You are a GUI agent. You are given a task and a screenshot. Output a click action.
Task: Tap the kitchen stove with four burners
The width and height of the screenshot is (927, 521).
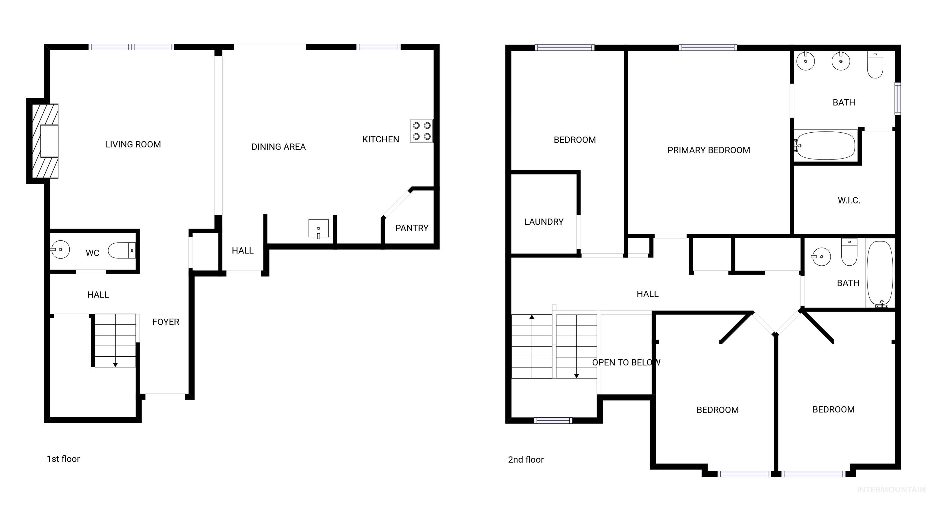(421, 131)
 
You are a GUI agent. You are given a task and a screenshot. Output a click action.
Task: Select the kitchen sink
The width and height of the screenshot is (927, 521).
(318, 229)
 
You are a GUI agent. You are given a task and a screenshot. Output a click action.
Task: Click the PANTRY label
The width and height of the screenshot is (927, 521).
(412, 228)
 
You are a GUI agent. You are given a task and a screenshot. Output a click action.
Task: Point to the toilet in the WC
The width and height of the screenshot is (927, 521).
(122, 250)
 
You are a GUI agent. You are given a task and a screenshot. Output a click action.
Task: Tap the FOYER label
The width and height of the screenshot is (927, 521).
(166, 322)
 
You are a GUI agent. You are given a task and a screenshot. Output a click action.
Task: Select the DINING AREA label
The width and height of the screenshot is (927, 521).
(278, 147)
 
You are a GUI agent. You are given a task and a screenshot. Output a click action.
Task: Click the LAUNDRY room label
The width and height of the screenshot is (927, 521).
(543, 222)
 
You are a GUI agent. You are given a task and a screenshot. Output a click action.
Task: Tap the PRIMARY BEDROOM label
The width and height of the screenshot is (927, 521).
(709, 150)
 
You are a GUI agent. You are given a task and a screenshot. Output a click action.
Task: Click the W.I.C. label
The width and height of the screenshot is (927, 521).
(849, 201)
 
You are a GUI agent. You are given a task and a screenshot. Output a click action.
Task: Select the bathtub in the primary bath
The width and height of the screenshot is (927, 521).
(826, 146)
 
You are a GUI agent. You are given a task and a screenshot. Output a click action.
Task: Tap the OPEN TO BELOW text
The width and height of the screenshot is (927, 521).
(626, 362)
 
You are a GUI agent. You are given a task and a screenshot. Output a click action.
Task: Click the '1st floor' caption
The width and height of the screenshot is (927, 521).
(63, 459)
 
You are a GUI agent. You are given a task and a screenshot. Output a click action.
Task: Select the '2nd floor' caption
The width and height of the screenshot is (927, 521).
(525, 459)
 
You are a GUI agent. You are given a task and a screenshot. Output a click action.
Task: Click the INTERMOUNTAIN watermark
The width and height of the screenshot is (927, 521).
(891, 489)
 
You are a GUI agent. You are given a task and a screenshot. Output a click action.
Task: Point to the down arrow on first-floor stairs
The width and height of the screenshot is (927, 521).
(115, 365)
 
